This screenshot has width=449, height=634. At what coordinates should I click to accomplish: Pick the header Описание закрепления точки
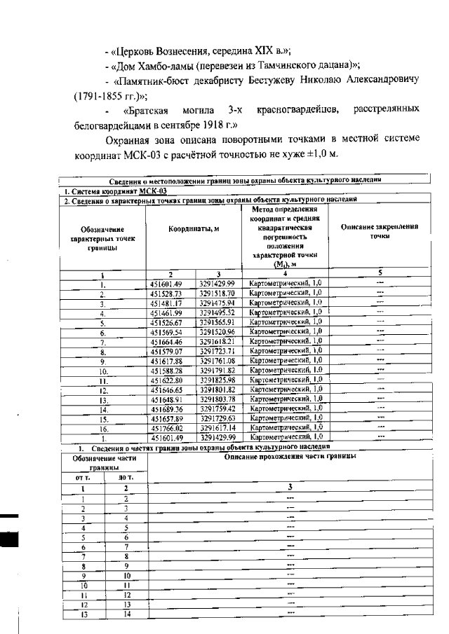380,231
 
